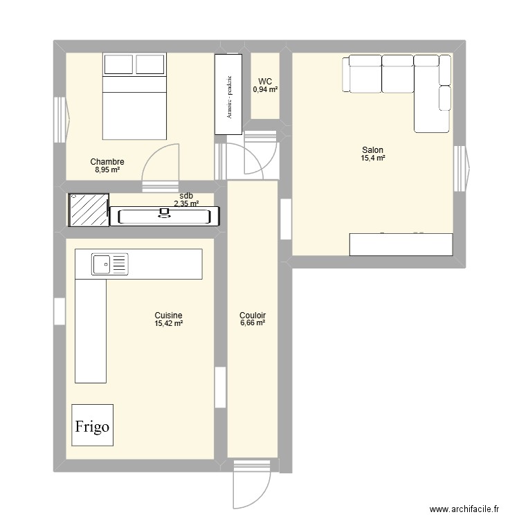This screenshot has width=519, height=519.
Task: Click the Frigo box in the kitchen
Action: [x=92, y=427]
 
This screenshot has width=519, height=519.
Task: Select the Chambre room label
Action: [x=107, y=162]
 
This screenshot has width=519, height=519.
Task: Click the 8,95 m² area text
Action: [x=107, y=170]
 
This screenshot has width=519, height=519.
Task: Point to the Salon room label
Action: [x=372, y=150]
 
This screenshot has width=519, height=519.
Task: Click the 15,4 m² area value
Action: [x=372, y=158]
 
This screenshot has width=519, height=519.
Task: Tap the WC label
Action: [x=265, y=81]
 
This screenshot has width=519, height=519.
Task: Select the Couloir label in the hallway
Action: [x=253, y=315]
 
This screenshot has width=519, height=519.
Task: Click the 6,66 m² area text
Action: [x=253, y=323]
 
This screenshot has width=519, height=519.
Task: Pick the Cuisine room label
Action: [x=168, y=315]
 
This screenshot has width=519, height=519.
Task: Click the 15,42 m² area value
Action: [x=168, y=323]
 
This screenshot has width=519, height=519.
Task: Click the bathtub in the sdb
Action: [x=165, y=217]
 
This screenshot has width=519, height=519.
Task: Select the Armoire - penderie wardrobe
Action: [x=228, y=95]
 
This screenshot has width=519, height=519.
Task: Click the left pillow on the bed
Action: [x=118, y=64]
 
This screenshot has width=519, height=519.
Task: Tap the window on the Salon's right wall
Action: [x=461, y=168]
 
